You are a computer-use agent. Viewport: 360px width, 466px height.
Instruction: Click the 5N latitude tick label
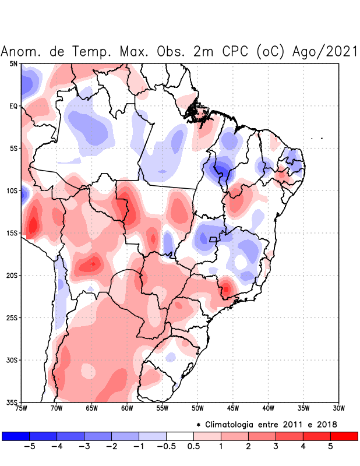click(13, 63)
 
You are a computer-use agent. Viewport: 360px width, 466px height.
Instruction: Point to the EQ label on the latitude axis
click(13, 106)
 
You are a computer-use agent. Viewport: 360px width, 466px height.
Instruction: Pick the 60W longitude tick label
click(127, 408)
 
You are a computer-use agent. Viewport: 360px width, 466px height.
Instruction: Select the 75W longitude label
click(22, 408)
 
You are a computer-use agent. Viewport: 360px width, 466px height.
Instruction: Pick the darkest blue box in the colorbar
click(16, 436)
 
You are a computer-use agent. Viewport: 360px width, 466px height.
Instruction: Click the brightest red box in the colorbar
click(344, 436)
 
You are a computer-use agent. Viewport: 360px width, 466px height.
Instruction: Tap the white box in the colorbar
click(179, 436)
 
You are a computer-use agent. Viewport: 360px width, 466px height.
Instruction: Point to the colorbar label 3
click(276, 447)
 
